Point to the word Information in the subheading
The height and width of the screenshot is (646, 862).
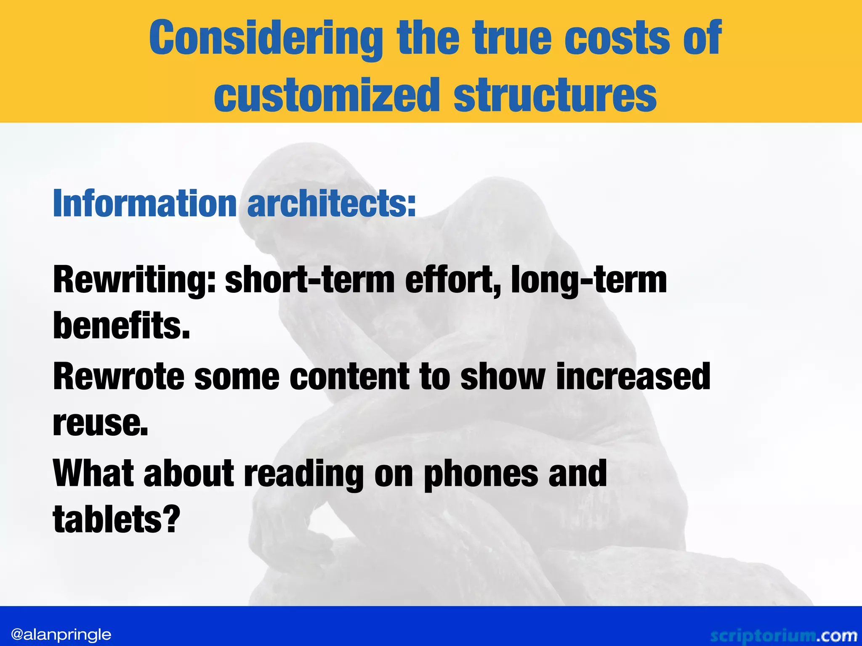(x=145, y=204)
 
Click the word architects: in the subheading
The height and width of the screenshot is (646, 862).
(x=331, y=204)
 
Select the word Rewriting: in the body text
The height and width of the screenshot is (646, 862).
(x=134, y=281)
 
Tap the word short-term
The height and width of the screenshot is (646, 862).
(x=310, y=281)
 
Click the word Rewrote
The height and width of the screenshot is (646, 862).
(x=119, y=376)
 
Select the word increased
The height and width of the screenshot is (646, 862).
(x=633, y=376)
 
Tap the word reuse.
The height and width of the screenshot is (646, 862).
(x=101, y=423)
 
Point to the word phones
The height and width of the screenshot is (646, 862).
(x=480, y=474)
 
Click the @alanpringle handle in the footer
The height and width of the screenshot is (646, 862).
(x=61, y=634)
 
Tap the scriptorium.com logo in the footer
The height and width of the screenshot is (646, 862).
(x=783, y=635)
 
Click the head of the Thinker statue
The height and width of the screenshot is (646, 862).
(x=295, y=185)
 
